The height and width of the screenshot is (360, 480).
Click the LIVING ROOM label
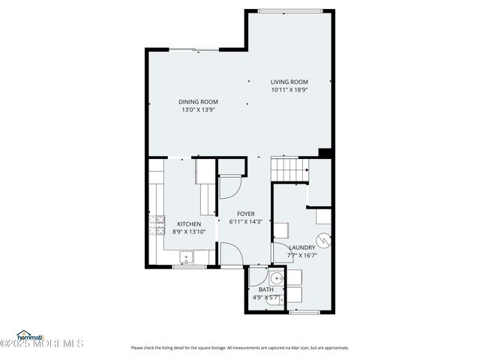289,82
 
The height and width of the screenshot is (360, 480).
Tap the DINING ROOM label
198,102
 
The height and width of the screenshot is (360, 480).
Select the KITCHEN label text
188,223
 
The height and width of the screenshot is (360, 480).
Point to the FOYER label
247,214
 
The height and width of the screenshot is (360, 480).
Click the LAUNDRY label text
302,247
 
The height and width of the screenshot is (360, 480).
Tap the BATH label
266,289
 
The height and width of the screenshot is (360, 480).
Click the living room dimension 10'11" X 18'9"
289,90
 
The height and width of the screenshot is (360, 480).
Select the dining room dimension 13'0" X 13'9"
198,109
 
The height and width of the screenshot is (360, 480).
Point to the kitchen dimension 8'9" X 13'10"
188,232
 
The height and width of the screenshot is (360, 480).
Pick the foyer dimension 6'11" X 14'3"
247,222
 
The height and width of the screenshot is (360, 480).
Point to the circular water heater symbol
323,240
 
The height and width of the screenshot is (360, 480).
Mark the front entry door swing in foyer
229,255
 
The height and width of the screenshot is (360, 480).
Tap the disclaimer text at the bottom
240,347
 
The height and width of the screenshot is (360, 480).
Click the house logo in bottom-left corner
30,335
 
